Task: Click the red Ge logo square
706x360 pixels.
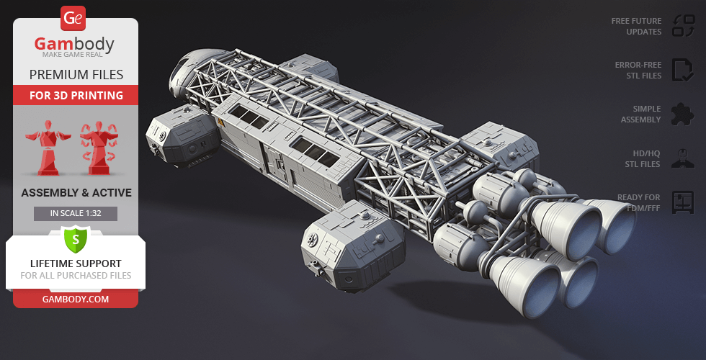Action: [74, 17]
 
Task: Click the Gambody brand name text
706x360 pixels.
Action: [75, 45]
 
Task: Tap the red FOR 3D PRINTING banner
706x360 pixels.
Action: [76, 95]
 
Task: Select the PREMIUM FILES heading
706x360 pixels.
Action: [76, 75]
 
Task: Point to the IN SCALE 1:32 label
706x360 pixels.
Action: [76, 213]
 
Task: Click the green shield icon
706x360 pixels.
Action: [76, 238]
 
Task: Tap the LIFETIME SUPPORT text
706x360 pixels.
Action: [76, 264]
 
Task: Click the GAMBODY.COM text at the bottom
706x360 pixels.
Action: [76, 299]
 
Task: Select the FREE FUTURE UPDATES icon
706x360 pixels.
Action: [682, 26]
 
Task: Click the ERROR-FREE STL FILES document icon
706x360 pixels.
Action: [682, 70]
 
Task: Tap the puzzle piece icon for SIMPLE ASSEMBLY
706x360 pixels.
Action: [682, 114]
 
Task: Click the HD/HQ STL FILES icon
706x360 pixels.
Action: [682, 158]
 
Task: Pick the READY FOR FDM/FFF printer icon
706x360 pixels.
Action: [682, 202]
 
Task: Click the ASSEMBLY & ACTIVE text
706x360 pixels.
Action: [76, 192]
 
